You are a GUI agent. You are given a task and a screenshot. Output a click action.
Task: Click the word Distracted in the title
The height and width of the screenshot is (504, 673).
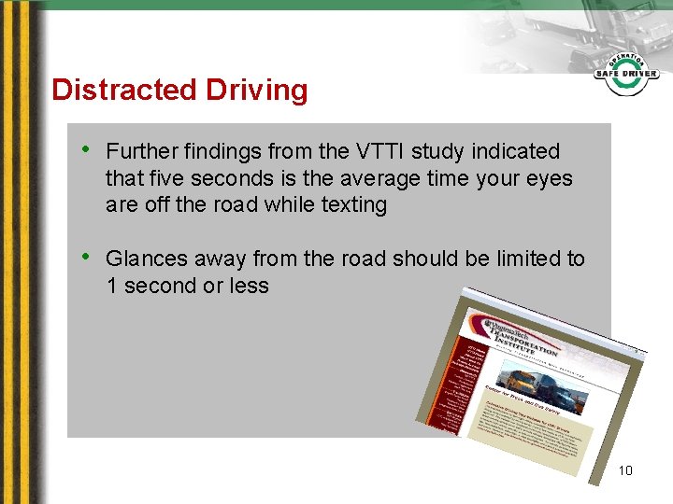[x=108, y=90]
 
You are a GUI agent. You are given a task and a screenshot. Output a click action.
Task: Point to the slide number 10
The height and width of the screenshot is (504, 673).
[x=625, y=470]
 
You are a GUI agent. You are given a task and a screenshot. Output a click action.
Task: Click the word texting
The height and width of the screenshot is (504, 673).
[x=353, y=204]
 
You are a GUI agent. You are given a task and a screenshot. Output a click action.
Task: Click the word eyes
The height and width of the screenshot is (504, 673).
[x=547, y=178]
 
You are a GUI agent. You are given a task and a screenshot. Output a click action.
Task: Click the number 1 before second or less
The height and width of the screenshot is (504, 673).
[x=112, y=286]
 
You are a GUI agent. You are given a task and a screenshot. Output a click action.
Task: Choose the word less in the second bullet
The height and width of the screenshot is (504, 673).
[x=249, y=286]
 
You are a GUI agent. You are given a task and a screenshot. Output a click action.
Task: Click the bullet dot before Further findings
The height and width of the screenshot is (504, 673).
[x=86, y=149]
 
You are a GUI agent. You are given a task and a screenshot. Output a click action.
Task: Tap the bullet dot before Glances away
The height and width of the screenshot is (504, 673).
[x=86, y=257]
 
